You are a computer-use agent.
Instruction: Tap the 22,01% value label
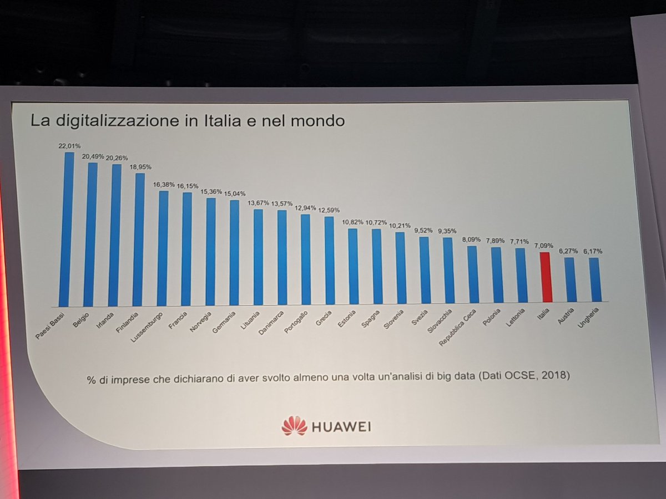click(x=69, y=146)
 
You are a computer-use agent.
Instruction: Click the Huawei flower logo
click(x=294, y=425)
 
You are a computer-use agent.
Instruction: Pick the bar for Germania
click(x=234, y=252)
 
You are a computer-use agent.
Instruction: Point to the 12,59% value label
click(x=329, y=210)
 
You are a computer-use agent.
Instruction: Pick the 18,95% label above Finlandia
click(x=140, y=166)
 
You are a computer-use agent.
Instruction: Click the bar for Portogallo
click(x=305, y=259)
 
